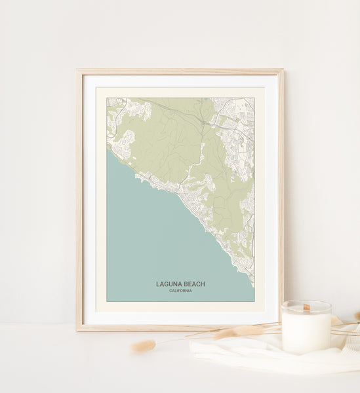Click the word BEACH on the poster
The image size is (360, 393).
pyautogui.click(x=194, y=284)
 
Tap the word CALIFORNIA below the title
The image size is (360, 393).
pyautogui.click(x=180, y=291)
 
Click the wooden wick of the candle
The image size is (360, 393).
pyautogui.click(x=306, y=307)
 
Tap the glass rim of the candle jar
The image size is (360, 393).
pyautogui.click(x=306, y=303)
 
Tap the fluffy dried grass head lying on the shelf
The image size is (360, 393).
pyautogui.click(x=143, y=346)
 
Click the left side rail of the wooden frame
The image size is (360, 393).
pyautogui.click(x=79, y=196)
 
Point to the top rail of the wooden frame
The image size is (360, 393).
pyautogui.click(x=180, y=71)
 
